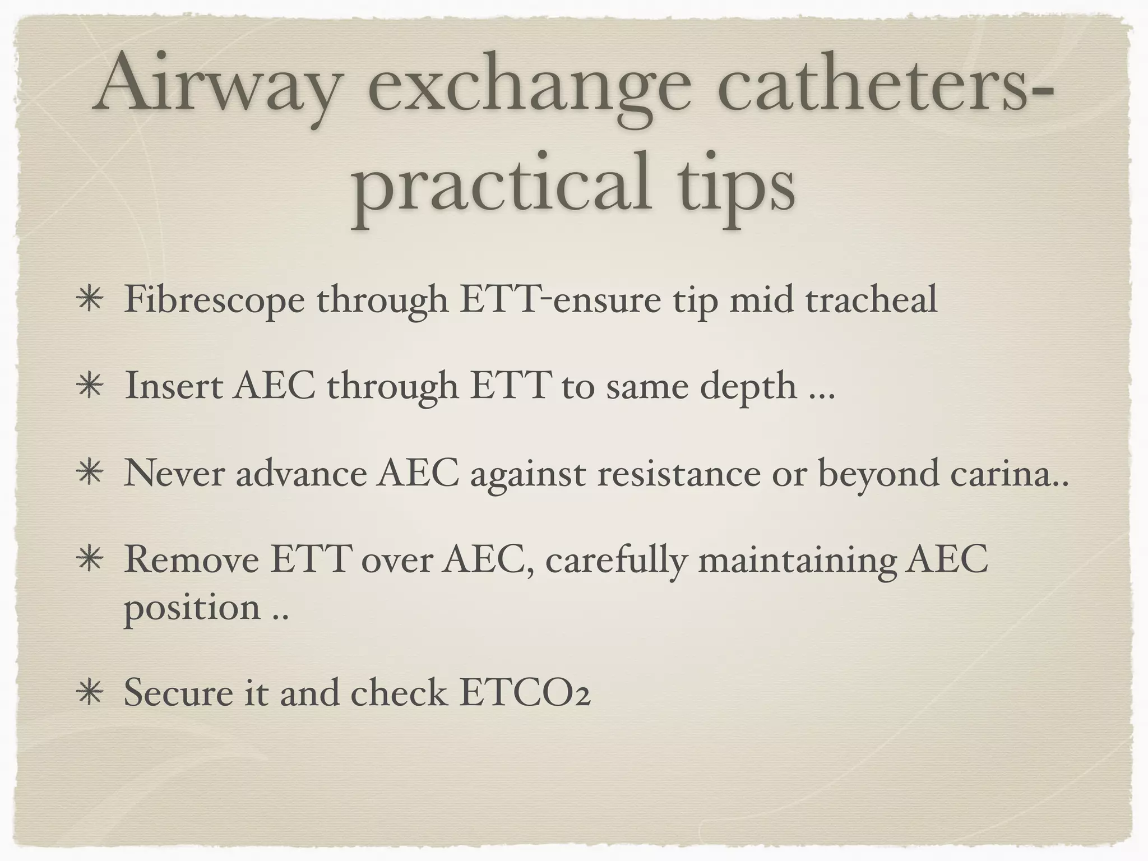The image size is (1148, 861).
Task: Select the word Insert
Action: [173, 386]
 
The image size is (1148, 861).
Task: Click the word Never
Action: [174, 473]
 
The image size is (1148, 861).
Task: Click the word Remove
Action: [190, 561]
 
